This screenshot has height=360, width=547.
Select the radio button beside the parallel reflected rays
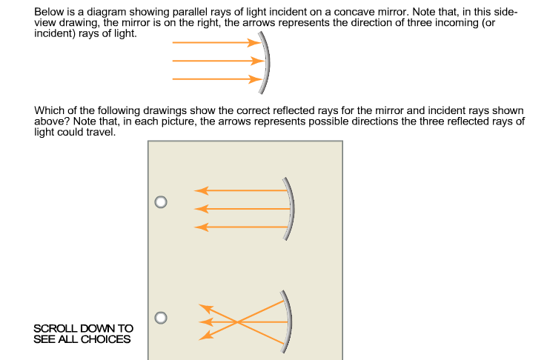coord(160,201)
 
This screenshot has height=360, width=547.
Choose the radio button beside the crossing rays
coord(160,318)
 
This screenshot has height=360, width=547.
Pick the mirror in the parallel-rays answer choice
coord(290,209)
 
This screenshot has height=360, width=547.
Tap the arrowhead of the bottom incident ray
coord(254,79)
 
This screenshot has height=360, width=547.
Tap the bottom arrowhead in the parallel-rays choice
coord(200,226)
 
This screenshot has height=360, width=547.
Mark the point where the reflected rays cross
coord(237,322)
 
